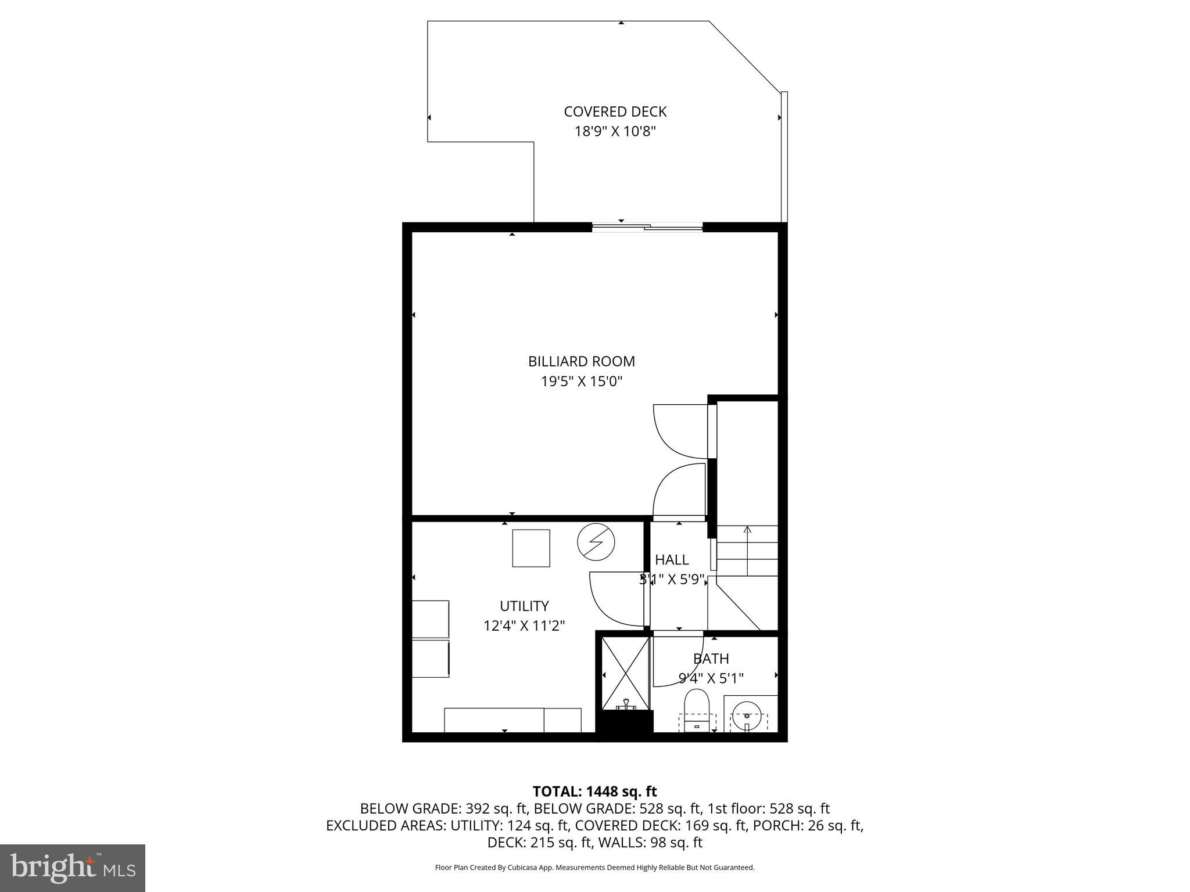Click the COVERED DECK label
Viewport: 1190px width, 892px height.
615,111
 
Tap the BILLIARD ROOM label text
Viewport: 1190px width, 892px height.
581,361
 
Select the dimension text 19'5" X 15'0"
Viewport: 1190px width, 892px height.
581,382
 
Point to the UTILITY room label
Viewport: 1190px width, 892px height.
524,606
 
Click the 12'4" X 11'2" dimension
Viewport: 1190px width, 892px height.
524,625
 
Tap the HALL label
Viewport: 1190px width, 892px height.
672,559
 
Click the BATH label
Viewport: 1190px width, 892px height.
711,659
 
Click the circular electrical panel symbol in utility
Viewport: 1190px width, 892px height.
596,542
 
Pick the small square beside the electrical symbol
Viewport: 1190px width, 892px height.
531,548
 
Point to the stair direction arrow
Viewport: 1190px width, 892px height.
747,530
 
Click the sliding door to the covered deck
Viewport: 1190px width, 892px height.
647,228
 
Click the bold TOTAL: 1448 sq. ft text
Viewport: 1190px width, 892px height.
594,792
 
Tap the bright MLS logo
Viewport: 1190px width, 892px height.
73,868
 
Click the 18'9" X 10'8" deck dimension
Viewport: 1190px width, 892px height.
615,131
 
